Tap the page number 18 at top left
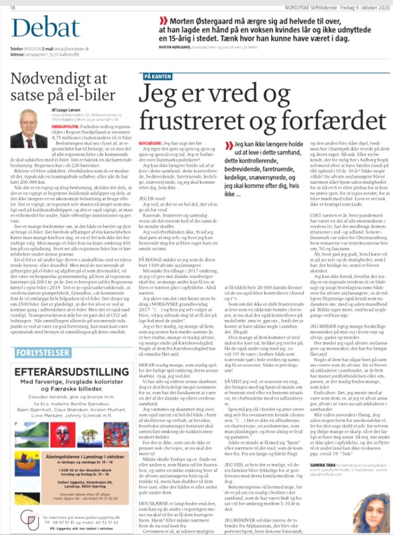pyautogui.click(x=13, y=7)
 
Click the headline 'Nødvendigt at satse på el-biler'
pyautogui.click(x=63, y=87)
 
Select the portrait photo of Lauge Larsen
pyautogui.click(x=29, y=129)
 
